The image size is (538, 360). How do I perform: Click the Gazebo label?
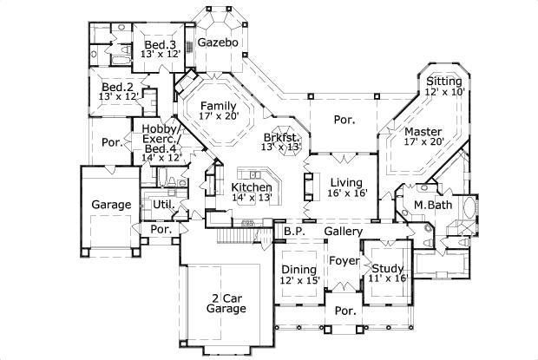(x=213, y=42)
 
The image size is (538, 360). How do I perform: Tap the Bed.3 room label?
(x=161, y=45)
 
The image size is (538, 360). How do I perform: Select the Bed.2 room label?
(x=116, y=88)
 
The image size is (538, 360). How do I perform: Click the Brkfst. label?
(x=283, y=137)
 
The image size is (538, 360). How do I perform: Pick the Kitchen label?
(x=251, y=187)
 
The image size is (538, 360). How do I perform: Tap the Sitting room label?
(x=443, y=80)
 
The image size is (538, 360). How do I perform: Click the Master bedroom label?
(x=423, y=132)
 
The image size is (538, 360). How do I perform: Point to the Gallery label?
(x=343, y=232)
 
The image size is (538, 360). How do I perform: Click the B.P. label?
(x=293, y=232)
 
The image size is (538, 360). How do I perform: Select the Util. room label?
(x=161, y=204)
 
